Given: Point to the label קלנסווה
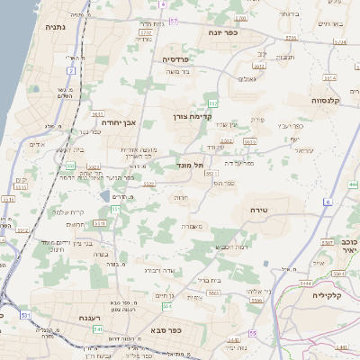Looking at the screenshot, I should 329,102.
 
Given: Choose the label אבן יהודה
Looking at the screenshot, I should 118,121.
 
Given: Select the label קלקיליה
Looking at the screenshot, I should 330,294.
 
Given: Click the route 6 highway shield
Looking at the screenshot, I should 328,202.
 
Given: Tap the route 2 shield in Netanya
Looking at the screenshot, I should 71,69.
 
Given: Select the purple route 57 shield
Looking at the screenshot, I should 174,20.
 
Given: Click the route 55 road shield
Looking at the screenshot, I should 253,333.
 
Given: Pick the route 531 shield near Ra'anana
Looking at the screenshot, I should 26,316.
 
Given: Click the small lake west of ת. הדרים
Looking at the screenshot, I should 105,195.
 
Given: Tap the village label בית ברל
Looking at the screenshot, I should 209,280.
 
